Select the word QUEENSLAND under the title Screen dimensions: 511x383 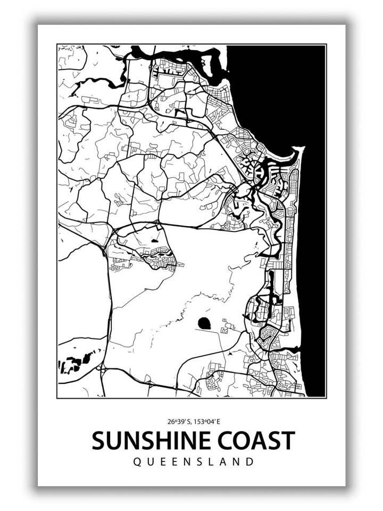click(x=194, y=461)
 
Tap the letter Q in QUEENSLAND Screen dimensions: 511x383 click(x=137, y=461)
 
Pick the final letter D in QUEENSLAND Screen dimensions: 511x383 click(x=251, y=461)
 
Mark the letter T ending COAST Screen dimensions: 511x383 click(x=287, y=441)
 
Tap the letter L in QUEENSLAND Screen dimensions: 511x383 click(x=213, y=461)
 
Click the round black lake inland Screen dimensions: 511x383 click(x=204, y=323)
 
